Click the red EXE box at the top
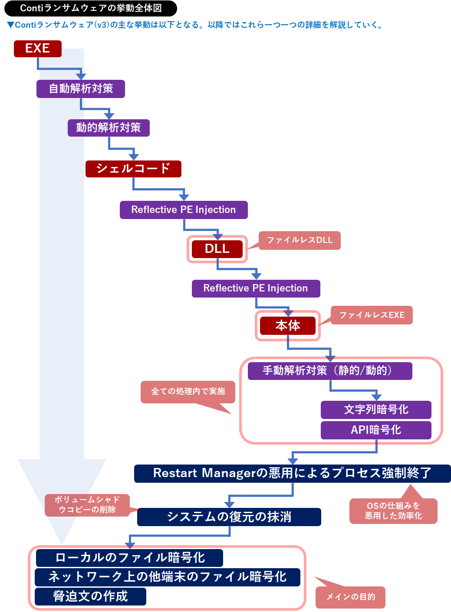[37, 49]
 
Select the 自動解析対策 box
[81, 88]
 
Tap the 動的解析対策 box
[109, 128]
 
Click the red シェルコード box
[133, 169]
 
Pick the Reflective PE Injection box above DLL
[184, 210]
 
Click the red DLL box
[217, 249]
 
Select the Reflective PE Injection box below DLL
[256, 288]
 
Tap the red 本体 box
[287, 326]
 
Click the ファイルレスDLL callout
[300, 240]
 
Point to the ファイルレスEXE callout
[372, 315]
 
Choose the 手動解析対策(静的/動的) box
[329, 371]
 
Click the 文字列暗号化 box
[376, 409]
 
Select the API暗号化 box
[376, 430]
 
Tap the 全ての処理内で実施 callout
[188, 392]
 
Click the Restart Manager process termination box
[292, 473]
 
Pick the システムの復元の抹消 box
[229, 517]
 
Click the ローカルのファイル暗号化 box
[129, 558]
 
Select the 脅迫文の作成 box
[90, 596]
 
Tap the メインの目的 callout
[350, 597]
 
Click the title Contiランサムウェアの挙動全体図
[91, 8]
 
